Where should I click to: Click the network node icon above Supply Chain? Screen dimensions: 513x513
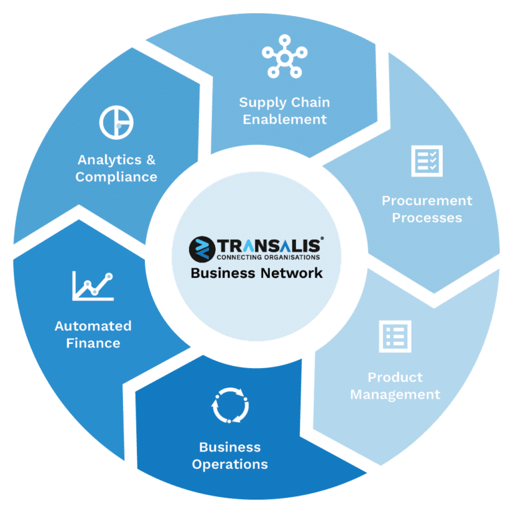tap(285, 58)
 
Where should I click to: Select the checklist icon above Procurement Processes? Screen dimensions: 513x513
tap(427, 161)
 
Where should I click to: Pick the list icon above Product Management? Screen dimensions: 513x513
tap(395, 337)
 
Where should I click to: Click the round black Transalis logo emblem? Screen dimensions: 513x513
tap(202, 249)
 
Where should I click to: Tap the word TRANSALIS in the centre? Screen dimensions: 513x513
tap(271, 245)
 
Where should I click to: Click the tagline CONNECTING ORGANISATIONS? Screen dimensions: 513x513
tap(269, 257)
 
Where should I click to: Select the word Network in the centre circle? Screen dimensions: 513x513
tap(291, 273)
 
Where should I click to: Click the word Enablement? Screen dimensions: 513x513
tap(285, 120)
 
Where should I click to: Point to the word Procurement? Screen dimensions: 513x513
tap(427, 200)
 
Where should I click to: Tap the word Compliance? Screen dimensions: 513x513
tap(116, 177)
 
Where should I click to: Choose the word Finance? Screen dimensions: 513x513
tap(94, 343)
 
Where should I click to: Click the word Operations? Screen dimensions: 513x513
tap(230, 465)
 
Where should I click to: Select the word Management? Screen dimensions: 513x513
tap(395, 395)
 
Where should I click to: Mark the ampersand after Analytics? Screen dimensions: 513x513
tap(151, 160)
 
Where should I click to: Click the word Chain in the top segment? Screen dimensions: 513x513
tap(311, 102)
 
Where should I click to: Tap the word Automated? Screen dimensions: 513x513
tap(94, 326)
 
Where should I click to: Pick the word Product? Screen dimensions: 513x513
tap(395, 377)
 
